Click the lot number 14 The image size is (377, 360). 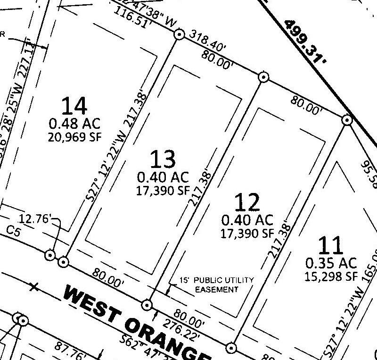(x=74, y=106)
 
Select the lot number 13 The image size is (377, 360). (x=163, y=159)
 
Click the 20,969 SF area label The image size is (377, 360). (x=74, y=137)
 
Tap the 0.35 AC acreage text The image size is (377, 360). (x=331, y=262)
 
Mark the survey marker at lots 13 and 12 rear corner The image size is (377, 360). (x=263, y=77)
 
